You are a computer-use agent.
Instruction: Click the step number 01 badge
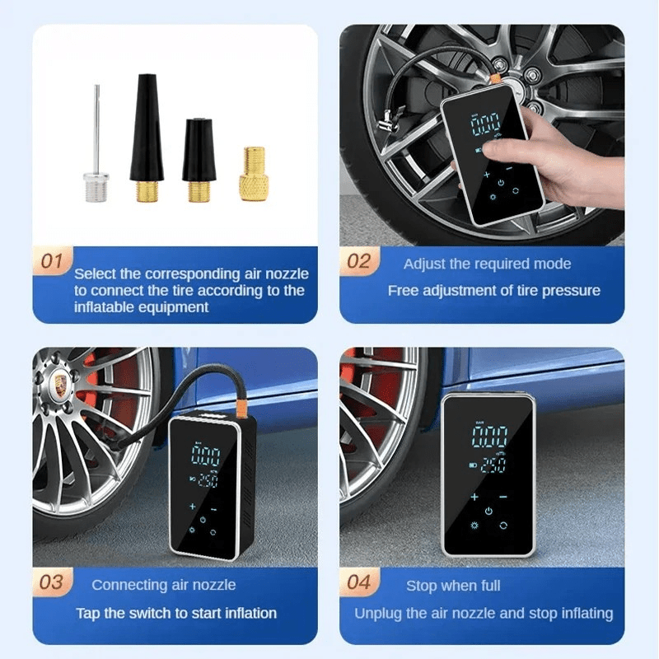52,261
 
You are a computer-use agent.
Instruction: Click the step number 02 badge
359,261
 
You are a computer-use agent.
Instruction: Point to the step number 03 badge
52,582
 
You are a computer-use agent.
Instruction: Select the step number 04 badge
359,582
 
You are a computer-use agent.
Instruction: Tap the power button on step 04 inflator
488,511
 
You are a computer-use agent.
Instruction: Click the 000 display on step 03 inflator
206,455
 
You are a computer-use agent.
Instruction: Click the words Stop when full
453,586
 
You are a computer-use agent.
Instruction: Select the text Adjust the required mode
487,264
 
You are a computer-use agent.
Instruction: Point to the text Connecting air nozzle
163,585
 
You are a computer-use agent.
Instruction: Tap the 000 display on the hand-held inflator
487,124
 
